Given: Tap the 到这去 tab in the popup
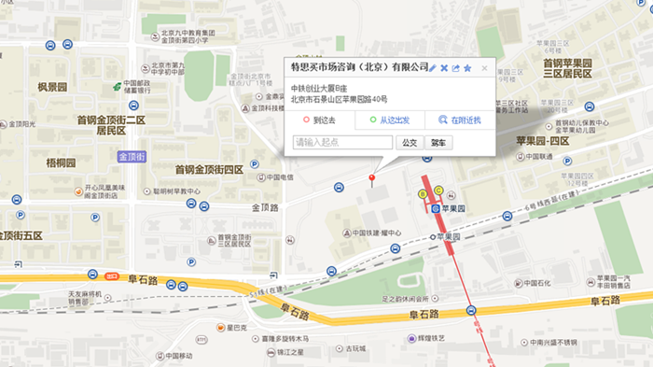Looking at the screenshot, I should pos(319,120).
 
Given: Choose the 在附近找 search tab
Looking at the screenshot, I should pos(460,120).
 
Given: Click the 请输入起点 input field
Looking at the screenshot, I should pos(342,143).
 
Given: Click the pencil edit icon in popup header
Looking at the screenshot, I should pos(433,68).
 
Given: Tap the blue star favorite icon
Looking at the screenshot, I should pos(467,68).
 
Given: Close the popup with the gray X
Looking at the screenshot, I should pos(484,68).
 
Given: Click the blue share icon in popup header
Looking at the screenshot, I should pos(456,68).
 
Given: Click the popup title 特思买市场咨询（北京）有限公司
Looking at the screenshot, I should pos(359,68).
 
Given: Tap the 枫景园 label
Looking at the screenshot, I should pos(52,87).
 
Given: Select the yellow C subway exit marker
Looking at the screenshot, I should pos(438,191).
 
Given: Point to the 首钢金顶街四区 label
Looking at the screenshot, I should pos(209,169).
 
